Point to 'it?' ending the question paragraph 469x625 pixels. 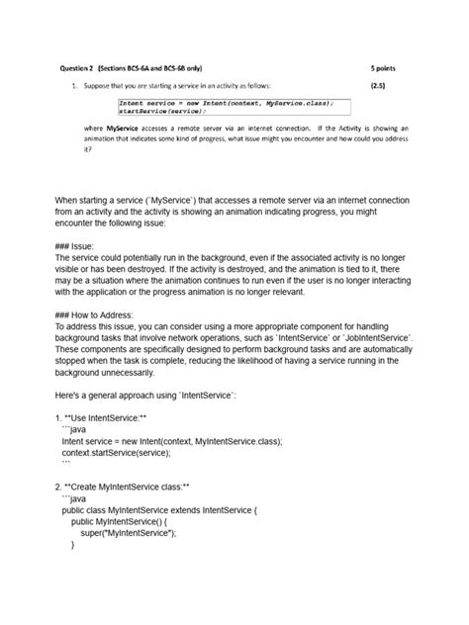pyautogui.click(x=86, y=150)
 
